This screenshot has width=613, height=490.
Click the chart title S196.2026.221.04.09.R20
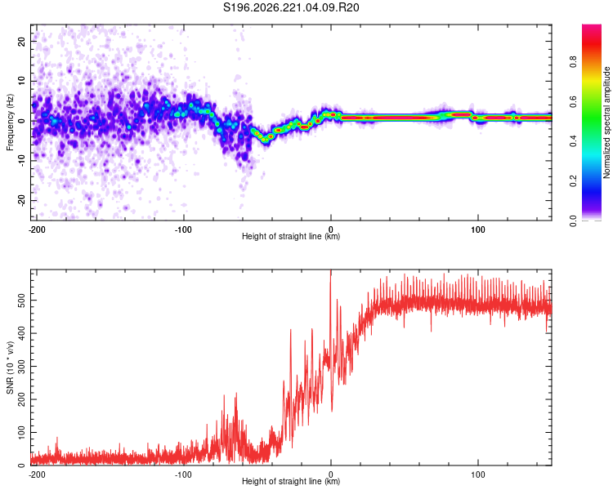(291, 7)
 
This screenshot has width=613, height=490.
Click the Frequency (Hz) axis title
(10, 122)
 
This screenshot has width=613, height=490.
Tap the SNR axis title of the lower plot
(10, 367)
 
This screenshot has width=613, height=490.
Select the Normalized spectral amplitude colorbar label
(606, 122)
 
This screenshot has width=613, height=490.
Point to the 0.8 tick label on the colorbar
(574, 62)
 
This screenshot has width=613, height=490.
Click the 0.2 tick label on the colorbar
(574, 181)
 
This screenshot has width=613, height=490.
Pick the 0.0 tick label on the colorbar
(574, 220)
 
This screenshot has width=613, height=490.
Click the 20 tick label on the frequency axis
(21, 41)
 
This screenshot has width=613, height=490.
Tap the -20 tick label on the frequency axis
(21, 200)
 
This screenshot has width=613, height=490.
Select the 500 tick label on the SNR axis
(21, 300)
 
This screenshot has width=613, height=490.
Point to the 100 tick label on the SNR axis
(21, 432)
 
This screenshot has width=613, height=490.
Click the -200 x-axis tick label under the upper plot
(37, 229)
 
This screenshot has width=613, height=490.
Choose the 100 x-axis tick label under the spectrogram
(478, 229)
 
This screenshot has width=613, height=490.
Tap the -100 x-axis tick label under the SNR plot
(183, 474)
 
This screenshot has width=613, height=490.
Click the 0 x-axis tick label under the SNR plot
(331, 474)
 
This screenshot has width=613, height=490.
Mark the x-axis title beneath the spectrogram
(291, 236)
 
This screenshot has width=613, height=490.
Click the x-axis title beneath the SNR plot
(291, 481)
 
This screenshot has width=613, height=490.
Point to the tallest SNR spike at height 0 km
(331, 270)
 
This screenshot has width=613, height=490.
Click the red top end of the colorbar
(592, 26)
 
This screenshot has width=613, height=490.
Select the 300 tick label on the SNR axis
(21, 366)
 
